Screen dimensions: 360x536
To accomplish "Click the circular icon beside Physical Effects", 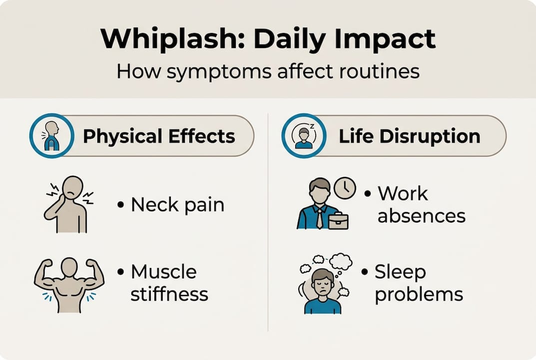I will click(x=52, y=135).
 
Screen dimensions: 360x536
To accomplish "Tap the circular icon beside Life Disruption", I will click(x=304, y=135).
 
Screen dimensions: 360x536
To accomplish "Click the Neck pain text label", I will click(x=177, y=204).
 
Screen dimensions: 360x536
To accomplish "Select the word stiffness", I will click(x=169, y=294).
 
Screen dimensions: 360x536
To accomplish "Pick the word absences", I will click(x=421, y=215).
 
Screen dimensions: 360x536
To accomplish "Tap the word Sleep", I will click(x=400, y=272).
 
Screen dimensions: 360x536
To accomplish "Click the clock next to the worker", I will click(x=345, y=188).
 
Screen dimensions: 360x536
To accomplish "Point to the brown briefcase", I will click(x=338, y=220).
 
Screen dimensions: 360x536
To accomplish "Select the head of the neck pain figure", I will click(x=73, y=186).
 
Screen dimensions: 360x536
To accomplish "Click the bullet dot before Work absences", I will click(x=368, y=193).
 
